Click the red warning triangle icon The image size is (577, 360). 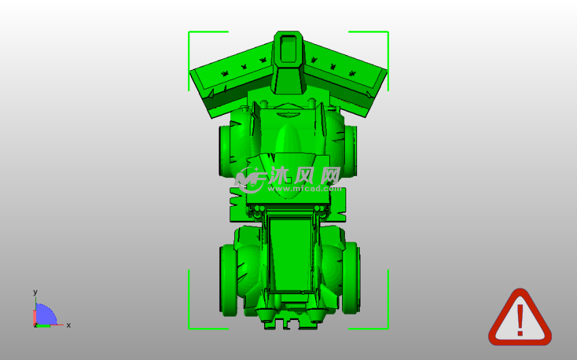click(x=519, y=318)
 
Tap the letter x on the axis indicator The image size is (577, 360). click(x=69, y=325)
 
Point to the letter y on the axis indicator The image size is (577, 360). click(x=35, y=292)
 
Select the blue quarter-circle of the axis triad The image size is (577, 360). click(x=45, y=314)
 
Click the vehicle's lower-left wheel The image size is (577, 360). click(x=229, y=280)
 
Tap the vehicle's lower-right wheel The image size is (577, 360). click(x=351, y=278)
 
